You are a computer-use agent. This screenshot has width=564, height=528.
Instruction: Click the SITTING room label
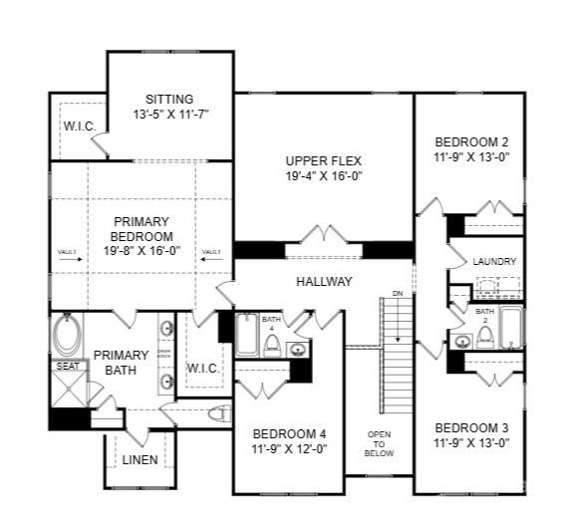pyautogui.click(x=169, y=100)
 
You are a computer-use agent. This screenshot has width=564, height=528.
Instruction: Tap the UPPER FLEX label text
pyautogui.click(x=323, y=160)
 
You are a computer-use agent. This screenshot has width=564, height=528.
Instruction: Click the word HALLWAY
pyautogui.click(x=324, y=282)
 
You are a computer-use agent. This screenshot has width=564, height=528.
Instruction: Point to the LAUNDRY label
pyautogui.click(x=494, y=262)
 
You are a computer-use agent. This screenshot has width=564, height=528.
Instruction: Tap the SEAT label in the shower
pyautogui.click(x=67, y=367)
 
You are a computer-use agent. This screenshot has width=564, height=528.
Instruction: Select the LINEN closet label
pyautogui.click(x=140, y=459)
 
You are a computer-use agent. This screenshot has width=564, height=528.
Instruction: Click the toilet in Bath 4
pyautogui.click(x=271, y=344)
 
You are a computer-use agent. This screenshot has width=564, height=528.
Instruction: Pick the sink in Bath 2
pyautogui.click(x=462, y=342)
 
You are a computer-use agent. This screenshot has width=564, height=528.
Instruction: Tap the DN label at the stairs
pyautogui.click(x=396, y=295)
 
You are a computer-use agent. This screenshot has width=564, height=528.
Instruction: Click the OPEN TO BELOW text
pyautogui.click(x=380, y=443)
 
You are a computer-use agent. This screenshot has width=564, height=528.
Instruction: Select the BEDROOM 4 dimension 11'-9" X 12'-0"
pyautogui.click(x=289, y=448)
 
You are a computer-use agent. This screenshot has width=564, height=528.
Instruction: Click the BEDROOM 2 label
pyautogui.click(x=471, y=140)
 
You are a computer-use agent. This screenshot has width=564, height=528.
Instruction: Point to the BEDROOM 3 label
pyautogui.click(x=471, y=427)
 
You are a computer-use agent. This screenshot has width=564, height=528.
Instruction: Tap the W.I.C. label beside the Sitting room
pyautogui.click(x=79, y=127)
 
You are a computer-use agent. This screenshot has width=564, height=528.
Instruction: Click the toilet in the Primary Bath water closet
pyautogui.click(x=218, y=413)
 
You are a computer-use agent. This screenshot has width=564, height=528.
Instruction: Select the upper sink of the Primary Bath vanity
pyautogui.click(x=167, y=328)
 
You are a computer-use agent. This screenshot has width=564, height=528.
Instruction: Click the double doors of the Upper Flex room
pyautogui.click(x=324, y=236)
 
